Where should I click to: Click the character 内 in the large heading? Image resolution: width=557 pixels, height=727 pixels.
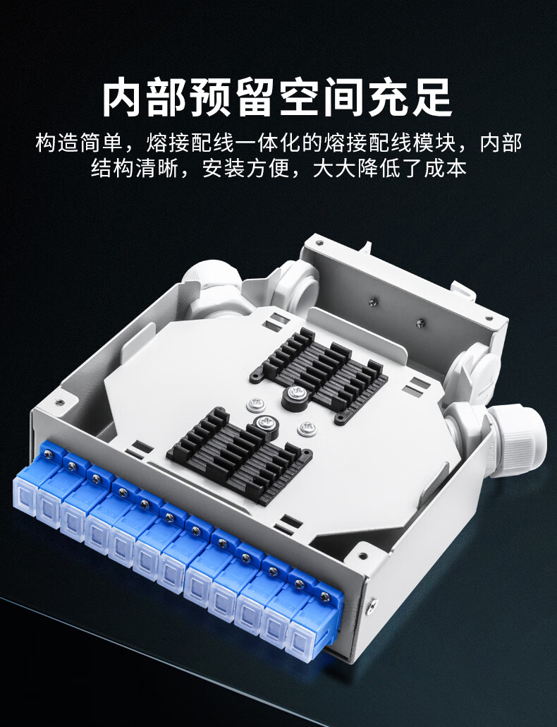point(121,99)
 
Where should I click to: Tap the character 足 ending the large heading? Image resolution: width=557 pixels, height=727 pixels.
point(434,99)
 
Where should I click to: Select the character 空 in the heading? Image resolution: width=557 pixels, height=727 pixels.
point(300,99)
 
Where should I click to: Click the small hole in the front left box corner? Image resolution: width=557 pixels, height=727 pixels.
point(59,402)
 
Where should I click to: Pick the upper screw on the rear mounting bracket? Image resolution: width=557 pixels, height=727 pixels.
point(374,303)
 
